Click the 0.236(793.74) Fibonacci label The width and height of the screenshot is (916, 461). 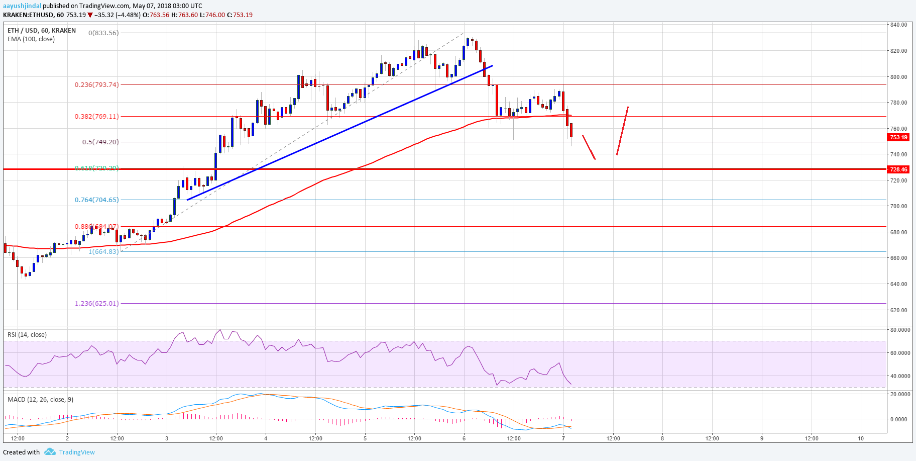tap(97, 85)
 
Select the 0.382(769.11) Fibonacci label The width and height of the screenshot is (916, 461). tap(97, 116)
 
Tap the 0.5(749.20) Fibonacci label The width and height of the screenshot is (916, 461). tap(100, 142)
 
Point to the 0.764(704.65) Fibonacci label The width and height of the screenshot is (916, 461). tap(97, 200)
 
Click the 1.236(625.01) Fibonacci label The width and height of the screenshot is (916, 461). tap(97, 303)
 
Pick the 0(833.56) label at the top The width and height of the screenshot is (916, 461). tap(103, 33)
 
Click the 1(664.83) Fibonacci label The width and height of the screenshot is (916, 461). tap(103, 251)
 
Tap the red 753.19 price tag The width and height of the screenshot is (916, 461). tap(898, 137)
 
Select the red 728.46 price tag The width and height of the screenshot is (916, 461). tap(898, 169)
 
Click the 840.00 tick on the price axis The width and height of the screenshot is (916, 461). tap(898, 25)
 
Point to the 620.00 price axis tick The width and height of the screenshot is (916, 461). tap(898, 310)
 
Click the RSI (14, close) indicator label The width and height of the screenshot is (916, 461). tap(27, 335)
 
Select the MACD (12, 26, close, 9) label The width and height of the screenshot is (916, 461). tap(40, 400)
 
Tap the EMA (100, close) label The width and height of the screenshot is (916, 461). tap(31, 39)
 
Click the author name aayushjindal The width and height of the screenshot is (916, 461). tap(22, 6)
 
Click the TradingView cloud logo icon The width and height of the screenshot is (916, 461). tap(50, 452)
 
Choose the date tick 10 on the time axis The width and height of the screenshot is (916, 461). tap(861, 438)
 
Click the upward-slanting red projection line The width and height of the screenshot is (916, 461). tap(622, 131)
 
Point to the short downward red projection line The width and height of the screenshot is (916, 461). tap(589, 147)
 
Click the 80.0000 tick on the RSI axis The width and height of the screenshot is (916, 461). tap(900, 330)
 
